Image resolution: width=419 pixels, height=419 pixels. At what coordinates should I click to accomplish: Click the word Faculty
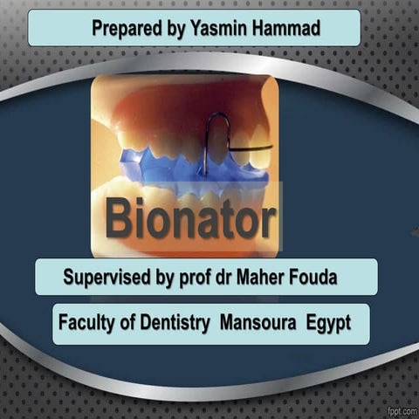point(88,323)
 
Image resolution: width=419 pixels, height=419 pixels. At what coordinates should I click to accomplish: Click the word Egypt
point(328,323)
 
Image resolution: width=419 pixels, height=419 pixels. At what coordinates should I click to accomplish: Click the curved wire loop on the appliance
point(216,135)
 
